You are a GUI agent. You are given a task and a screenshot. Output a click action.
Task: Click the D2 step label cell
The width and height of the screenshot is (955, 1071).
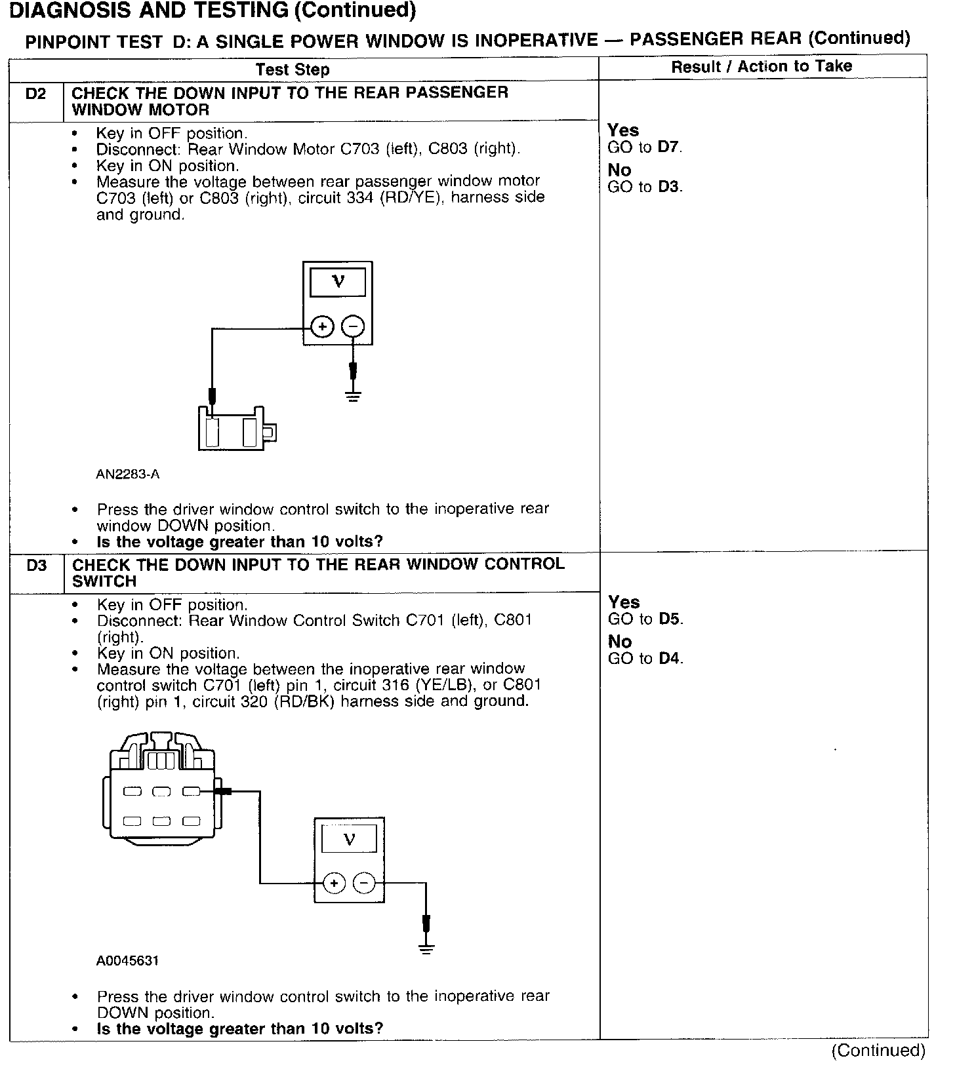36,94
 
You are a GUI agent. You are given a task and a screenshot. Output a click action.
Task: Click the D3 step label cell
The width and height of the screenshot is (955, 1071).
37,566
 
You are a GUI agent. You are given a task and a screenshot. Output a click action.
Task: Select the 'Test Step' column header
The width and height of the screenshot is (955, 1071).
293,69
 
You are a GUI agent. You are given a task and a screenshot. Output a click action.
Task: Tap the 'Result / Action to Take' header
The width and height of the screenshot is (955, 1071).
762,66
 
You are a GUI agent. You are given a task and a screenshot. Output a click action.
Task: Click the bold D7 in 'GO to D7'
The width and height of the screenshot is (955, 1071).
668,147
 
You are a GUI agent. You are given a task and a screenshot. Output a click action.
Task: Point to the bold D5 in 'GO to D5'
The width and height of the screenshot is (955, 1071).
669,619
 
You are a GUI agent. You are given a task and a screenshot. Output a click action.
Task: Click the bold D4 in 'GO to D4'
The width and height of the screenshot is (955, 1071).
669,659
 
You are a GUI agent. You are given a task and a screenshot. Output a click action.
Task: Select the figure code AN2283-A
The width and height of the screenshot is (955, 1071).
127,474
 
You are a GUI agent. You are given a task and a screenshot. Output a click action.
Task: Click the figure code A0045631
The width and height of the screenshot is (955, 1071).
127,961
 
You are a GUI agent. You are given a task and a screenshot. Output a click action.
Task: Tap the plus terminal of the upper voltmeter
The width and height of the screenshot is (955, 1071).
322,326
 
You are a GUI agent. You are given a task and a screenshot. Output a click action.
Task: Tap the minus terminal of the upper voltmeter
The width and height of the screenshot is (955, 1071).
353,326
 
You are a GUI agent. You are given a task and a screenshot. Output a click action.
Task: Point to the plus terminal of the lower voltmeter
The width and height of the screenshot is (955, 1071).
334,884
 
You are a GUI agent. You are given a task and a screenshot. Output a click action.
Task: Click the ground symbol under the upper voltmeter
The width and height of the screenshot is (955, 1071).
353,395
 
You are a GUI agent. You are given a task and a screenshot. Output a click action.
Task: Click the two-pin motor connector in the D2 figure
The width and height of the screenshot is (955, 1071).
233,429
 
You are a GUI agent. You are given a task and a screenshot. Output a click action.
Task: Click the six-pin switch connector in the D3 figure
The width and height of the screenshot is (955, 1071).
160,793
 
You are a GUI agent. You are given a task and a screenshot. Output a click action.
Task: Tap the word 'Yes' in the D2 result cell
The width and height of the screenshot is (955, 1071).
622,130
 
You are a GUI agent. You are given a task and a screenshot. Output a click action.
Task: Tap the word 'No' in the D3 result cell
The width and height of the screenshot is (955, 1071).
619,642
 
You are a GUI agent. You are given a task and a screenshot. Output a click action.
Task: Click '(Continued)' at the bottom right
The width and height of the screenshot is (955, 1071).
878,1051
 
